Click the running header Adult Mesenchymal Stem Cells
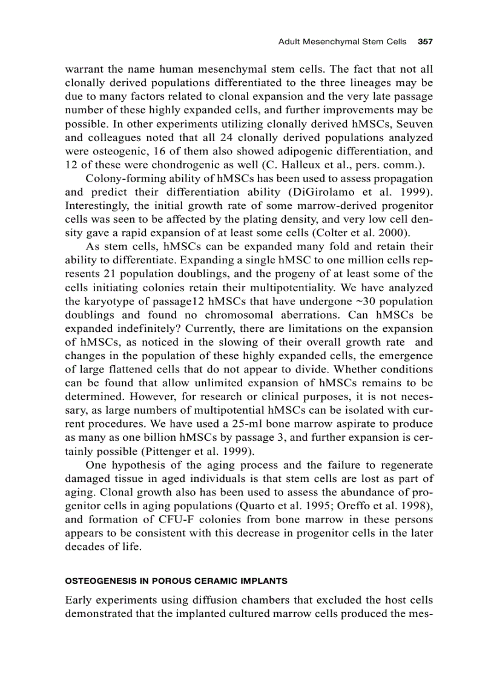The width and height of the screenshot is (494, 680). [344, 42]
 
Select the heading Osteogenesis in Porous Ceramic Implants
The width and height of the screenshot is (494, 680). [176, 581]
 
